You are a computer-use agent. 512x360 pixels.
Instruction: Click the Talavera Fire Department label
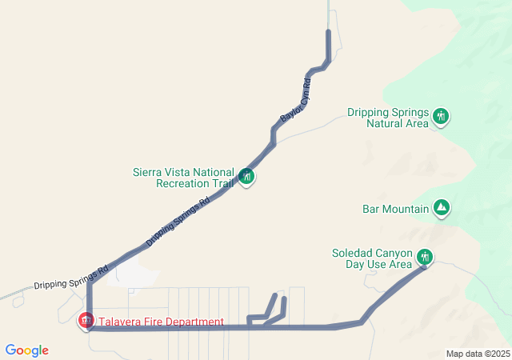pos(161,322)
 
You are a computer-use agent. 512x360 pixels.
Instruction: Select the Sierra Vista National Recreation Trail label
pos(183,178)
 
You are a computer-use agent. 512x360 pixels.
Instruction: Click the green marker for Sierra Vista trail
pos(247,176)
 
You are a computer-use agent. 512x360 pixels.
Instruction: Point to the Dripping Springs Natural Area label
pos(389,118)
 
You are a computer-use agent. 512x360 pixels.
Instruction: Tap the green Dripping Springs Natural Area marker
pos(440,117)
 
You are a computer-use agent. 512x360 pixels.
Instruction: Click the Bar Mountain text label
pos(395,210)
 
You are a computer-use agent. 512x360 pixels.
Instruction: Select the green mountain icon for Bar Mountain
pos(441,209)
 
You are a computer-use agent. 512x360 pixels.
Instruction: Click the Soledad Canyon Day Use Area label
pos(372,258)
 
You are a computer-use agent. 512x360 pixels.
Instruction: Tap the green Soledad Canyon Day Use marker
pos(425,257)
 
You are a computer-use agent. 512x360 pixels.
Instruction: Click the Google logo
pos(26,350)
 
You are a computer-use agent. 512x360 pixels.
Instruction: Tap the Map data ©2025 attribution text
pos(478,354)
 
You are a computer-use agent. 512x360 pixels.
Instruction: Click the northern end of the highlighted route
pos(329,32)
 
